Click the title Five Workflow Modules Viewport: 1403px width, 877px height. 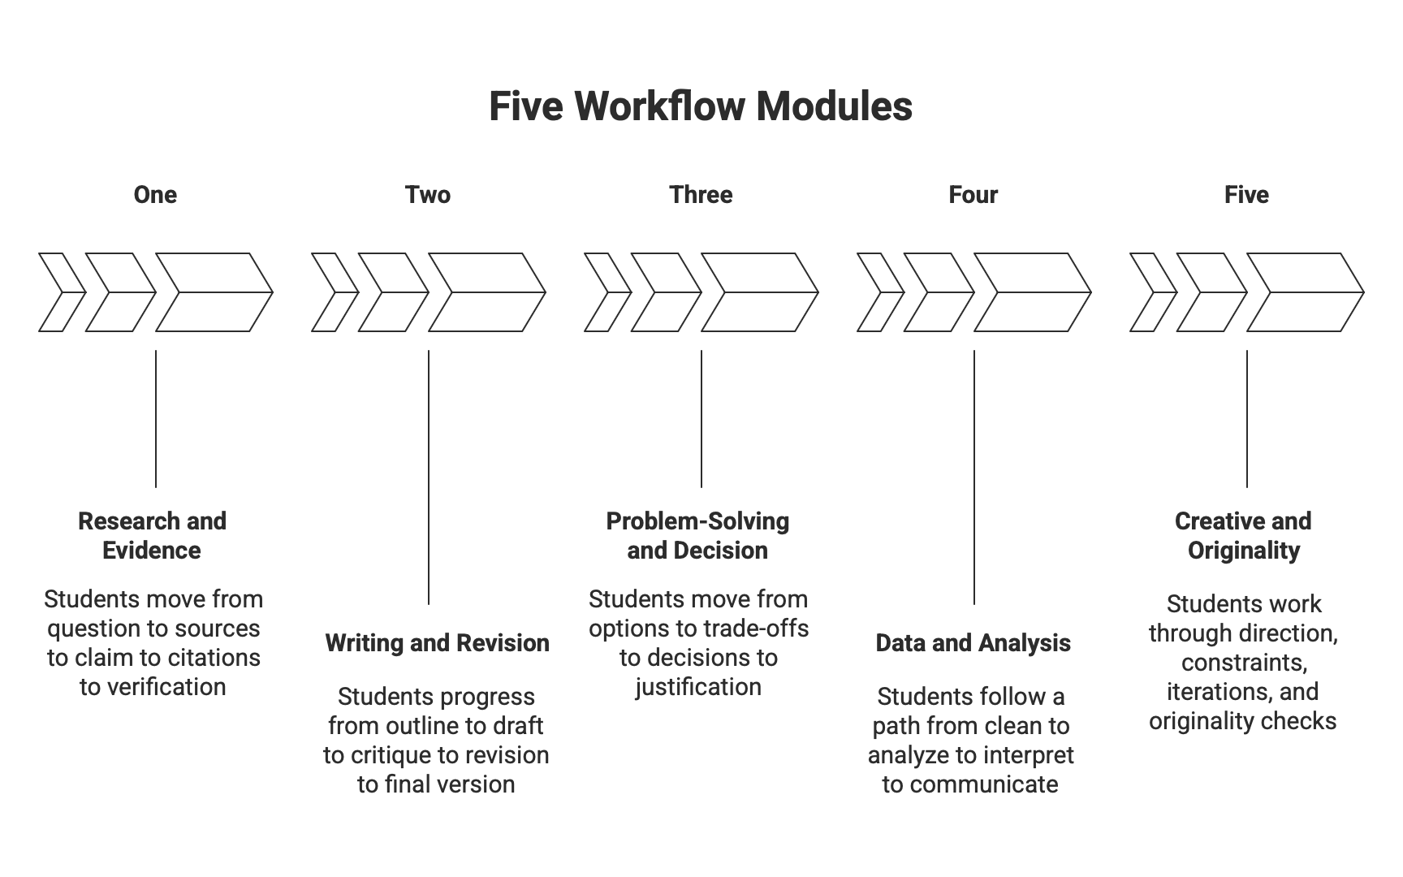pyautogui.click(x=701, y=106)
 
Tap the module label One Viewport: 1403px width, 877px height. pyautogui.click(x=155, y=195)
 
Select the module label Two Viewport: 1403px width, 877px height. pyautogui.click(x=428, y=195)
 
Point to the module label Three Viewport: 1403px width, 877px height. pyautogui.click(x=701, y=195)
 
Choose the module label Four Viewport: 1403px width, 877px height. pyautogui.click(x=973, y=195)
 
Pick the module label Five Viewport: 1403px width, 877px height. pyautogui.click(x=1246, y=195)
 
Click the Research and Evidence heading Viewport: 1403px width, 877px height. pyautogui.click(x=152, y=536)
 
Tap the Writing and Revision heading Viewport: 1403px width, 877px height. pyautogui.click(x=437, y=643)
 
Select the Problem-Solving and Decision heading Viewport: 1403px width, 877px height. pyautogui.click(x=697, y=536)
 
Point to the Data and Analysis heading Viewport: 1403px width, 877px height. pyautogui.click(x=973, y=643)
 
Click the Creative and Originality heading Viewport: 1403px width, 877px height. pyautogui.click(x=1243, y=536)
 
